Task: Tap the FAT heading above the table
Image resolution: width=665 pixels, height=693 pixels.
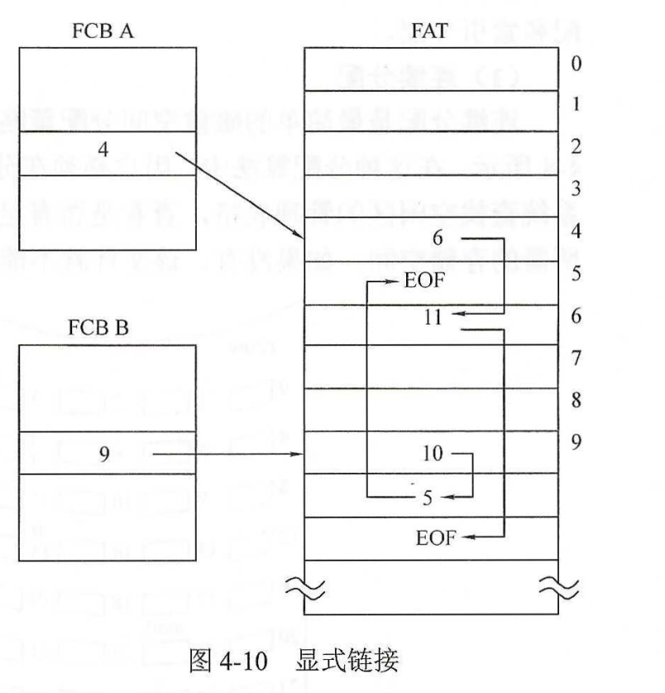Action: tap(429, 33)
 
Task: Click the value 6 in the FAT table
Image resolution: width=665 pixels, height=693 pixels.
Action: tap(438, 238)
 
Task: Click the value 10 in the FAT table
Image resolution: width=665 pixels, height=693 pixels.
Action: tap(432, 454)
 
